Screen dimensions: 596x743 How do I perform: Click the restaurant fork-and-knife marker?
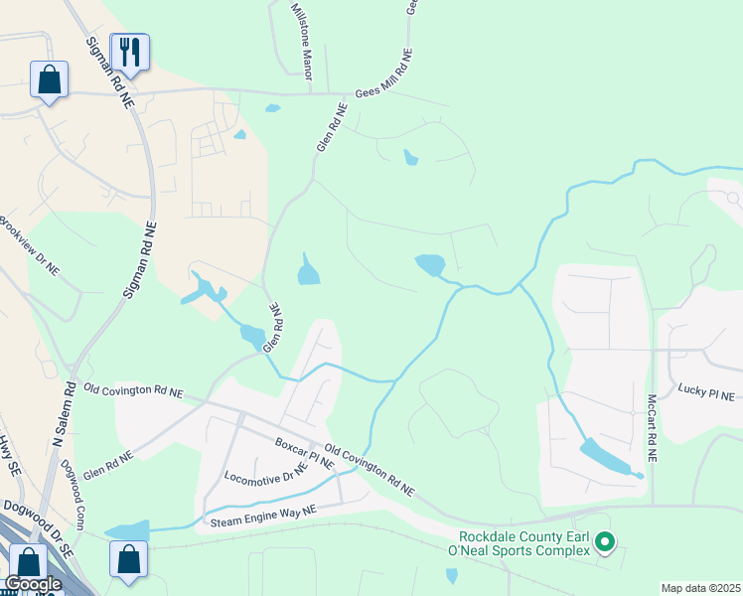tap(129, 51)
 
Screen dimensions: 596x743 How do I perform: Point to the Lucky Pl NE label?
tap(706, 394)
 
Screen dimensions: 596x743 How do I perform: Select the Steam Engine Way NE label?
tap(261, 516)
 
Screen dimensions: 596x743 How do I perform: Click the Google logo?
tap(33, 584)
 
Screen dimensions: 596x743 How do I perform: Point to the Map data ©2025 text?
tap(699, 588)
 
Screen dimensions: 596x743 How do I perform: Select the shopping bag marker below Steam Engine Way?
tap(129, 558)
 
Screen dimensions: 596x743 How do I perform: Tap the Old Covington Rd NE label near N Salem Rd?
tap(134, 392)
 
